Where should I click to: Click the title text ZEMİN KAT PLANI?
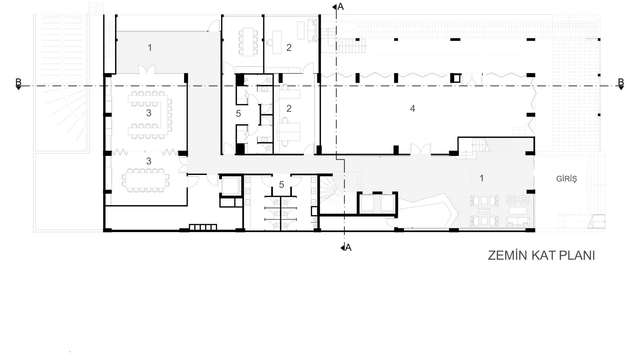click(x=541, y=255)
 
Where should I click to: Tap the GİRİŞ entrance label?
click(x=566, y=179)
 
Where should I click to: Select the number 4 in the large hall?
click(x=412, y=109)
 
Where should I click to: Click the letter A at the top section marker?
click(x=341, y=7)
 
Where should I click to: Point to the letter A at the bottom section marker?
click(x=348, y=247)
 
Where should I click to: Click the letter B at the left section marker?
click(x=18, y=82)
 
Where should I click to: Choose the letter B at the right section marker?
click(x=621, y=82)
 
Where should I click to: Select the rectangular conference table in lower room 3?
click(x=145, y=180)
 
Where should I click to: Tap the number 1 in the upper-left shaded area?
click(x=150, y=48)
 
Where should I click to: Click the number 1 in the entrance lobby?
click(x=482, y=178)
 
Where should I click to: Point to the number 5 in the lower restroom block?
click(x=282, y=185)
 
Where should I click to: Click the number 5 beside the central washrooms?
click(x=238, y=114)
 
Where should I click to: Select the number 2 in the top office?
click(x=289, y=48)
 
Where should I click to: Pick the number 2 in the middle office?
click(x=289, y=109)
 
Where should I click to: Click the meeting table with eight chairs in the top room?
click(x=249, y=42)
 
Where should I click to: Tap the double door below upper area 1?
click(x=147, y=69)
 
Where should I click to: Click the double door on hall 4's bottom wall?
click(x=421, y=149)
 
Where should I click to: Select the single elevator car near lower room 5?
click(x=230, y=186)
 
